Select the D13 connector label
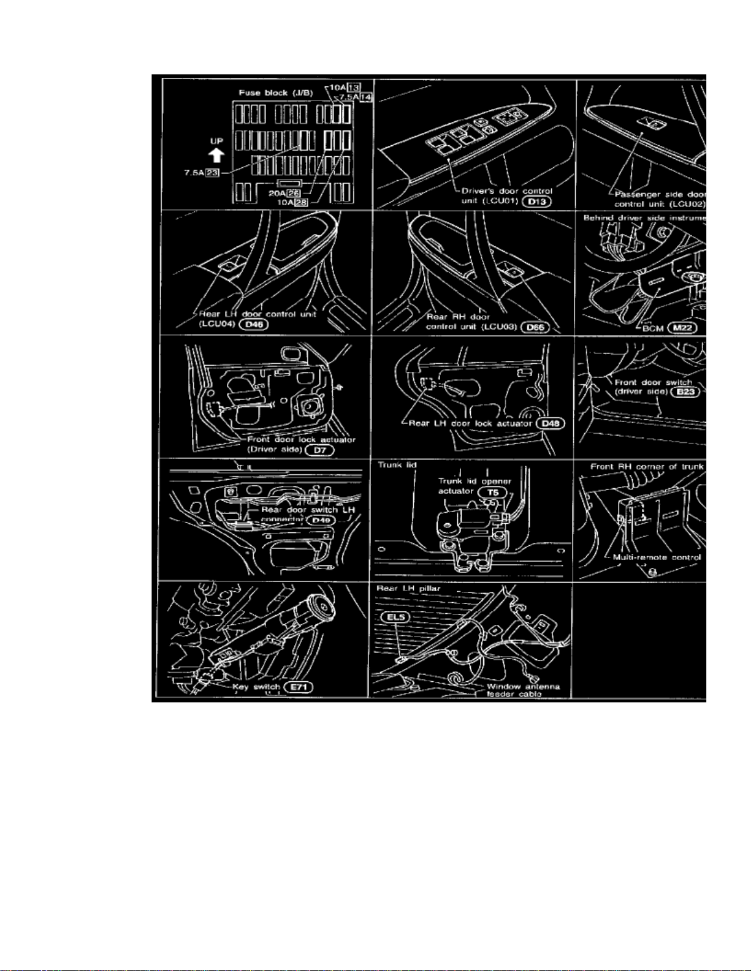point(536,200)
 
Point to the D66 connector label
point(535,327)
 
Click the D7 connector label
point(319,450)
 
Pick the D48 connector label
point(550,423)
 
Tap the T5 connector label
point(492,492)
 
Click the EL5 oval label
point(395,617)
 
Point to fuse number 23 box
point(213,173)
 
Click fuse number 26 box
point(294,193)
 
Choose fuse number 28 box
point(301,202)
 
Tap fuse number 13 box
point(354,87)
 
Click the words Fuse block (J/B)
point(275,93)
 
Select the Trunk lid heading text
point(397,465)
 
